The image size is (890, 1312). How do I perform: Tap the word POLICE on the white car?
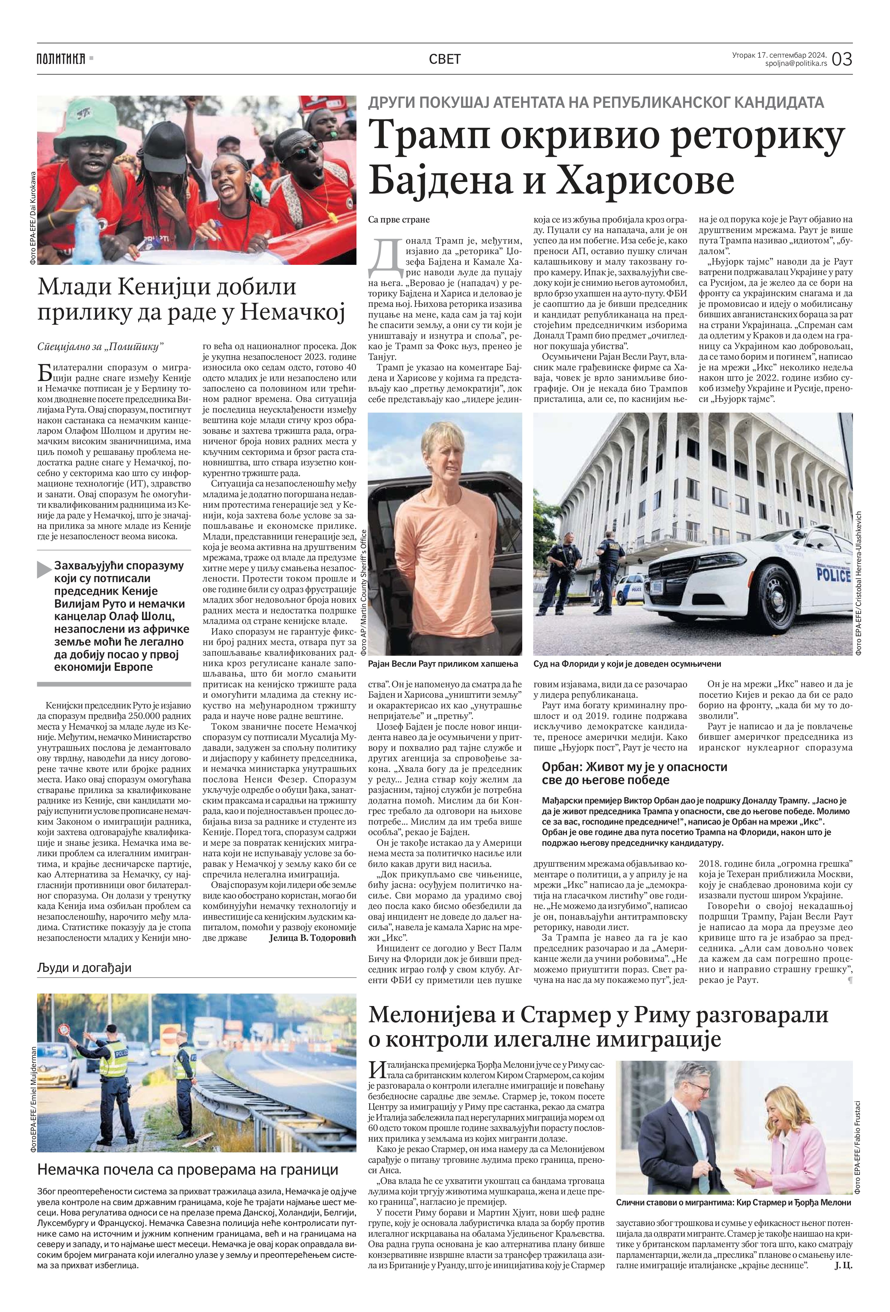click(833, 576)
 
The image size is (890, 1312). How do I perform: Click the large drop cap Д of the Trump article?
click(382, 252)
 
